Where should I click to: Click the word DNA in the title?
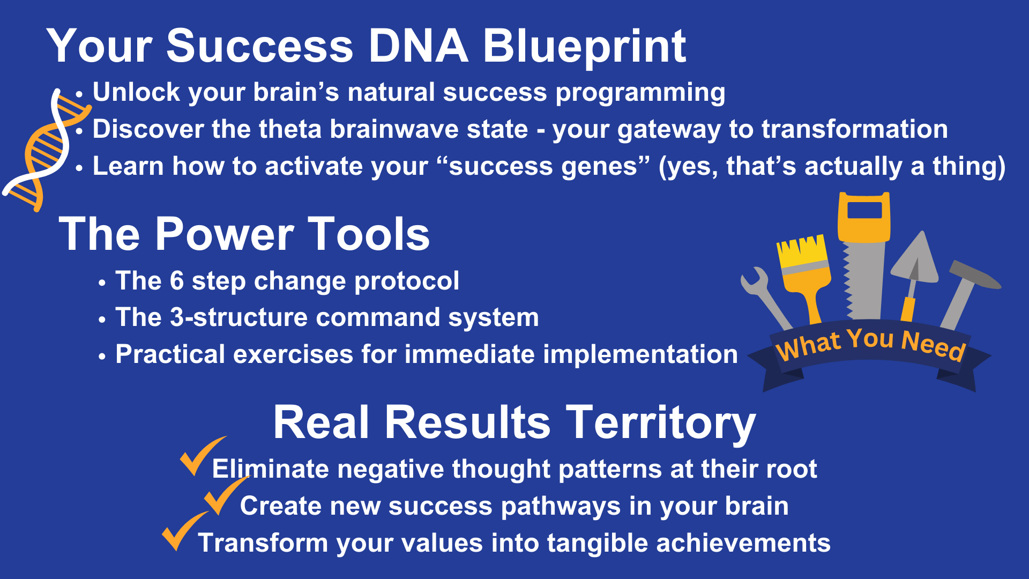pyautogui.click(x=418, y=46)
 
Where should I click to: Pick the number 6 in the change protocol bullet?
pyautogui.click(x=177, y=281)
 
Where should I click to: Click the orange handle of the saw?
pyautogui.click(x=864, y=217)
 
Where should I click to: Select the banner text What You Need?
pyautogui.click(x=870, y=345)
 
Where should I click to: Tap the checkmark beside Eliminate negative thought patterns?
pyautogui.click(x=201, y=456)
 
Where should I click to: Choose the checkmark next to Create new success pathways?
pyautogui.click(x=225, y=496)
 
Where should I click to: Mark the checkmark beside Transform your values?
pyautogui.click(x=184, y=531)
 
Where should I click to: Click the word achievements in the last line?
pyautogui.click(x=743, y=543)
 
